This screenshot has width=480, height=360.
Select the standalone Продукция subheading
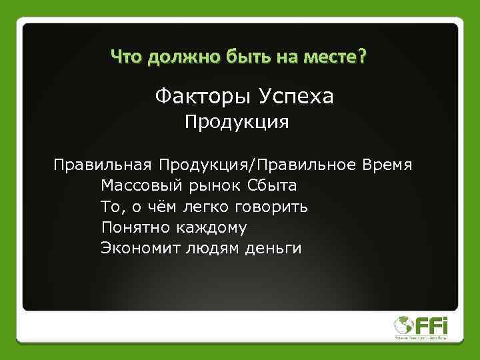(237, 123)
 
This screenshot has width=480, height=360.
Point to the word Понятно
(136, 227)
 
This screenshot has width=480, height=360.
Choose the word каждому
(212, 227)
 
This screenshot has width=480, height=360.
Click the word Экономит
(139, 249)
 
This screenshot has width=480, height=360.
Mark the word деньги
(273, 249)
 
